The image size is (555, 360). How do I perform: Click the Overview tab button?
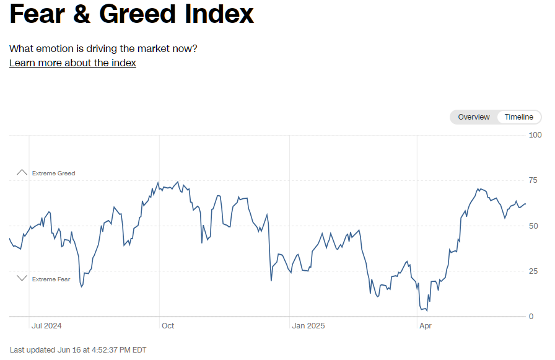473,117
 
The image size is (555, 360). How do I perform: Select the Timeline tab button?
518,117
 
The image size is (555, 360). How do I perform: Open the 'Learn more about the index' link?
72,63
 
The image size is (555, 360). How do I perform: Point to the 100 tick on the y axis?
535,135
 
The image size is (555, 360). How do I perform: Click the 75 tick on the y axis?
533,180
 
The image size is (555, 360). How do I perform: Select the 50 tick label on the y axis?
533,226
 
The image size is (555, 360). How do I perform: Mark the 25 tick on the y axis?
533,271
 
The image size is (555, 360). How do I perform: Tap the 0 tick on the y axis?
531,317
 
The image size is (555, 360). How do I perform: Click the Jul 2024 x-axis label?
46,326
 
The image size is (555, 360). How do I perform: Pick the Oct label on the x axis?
168,326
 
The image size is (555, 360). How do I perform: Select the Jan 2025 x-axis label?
308,326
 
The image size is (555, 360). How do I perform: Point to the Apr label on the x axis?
425,326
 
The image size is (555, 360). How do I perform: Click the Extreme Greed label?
54,173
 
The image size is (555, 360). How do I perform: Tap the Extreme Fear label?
51,279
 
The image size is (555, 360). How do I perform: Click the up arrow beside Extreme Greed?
22,172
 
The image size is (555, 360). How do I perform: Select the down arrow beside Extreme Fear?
22,278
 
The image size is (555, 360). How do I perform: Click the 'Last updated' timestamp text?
78,350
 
